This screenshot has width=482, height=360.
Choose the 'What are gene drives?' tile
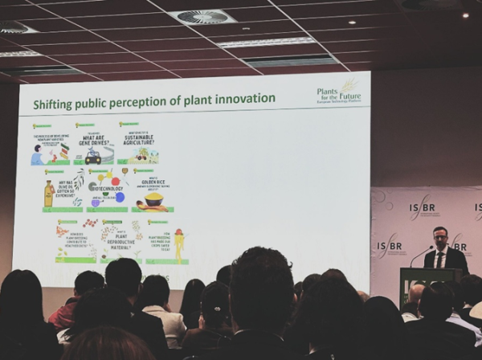[x=94, y=145]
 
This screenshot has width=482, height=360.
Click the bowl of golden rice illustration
[x=153, y=198]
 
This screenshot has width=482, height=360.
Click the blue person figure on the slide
[x=37, y=155]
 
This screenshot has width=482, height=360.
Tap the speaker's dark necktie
[x=439, y=259]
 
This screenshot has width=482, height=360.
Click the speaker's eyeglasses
[x=438, y=237]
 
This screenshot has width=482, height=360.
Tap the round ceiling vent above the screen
[x=202, y=16]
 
